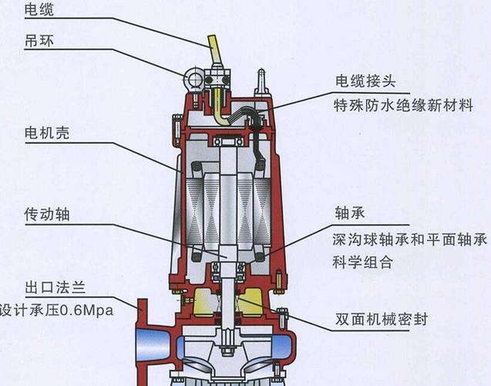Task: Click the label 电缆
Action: tap(39, 9)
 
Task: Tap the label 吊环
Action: tap(39, 41)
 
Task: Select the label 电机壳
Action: tap(47, 133)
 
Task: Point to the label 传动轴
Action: tap(47, 215)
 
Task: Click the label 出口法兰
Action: tap(55, 287)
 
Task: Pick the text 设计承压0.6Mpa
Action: tap(56, 310)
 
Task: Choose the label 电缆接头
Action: tap(365, 81)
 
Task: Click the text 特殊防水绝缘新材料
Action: tap(403, 105)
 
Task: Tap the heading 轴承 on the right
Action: tap(350, 213)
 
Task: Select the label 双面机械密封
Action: tap(382, 319)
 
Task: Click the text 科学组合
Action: tap(362, 262)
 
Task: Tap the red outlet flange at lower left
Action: tap(143, 342)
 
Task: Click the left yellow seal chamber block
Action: tap(203, 303)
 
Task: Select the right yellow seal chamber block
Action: tap(251, 303)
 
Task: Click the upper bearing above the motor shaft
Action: tap(228, 142)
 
